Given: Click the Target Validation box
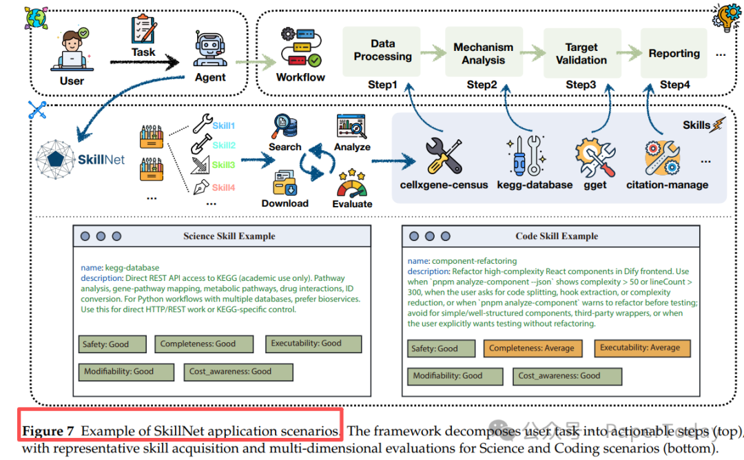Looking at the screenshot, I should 581,53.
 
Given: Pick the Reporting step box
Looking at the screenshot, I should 674,53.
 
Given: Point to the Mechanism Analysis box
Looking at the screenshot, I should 483,53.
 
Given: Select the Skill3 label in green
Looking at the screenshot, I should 223,165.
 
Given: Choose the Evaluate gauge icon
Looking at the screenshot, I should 351,184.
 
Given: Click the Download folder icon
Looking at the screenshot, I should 285,183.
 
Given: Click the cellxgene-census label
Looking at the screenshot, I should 444,185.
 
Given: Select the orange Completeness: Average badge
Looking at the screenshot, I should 531,348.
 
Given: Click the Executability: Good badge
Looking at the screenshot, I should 313,344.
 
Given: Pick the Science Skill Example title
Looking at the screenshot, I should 229,236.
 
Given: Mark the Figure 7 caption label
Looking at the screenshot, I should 48,432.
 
